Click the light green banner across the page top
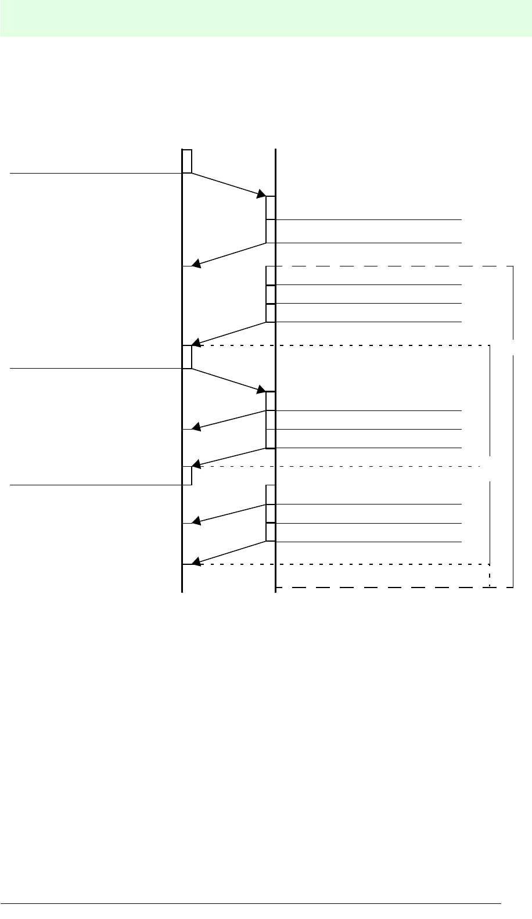tap(266, 19)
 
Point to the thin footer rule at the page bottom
tap(250, 903)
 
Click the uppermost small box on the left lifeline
tap(187, 161)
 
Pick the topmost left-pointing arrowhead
tap(197, 264)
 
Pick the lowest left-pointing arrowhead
tap(197, 561)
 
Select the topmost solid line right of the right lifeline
tap(369, 220)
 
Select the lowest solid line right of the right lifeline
tap(369, 542)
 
